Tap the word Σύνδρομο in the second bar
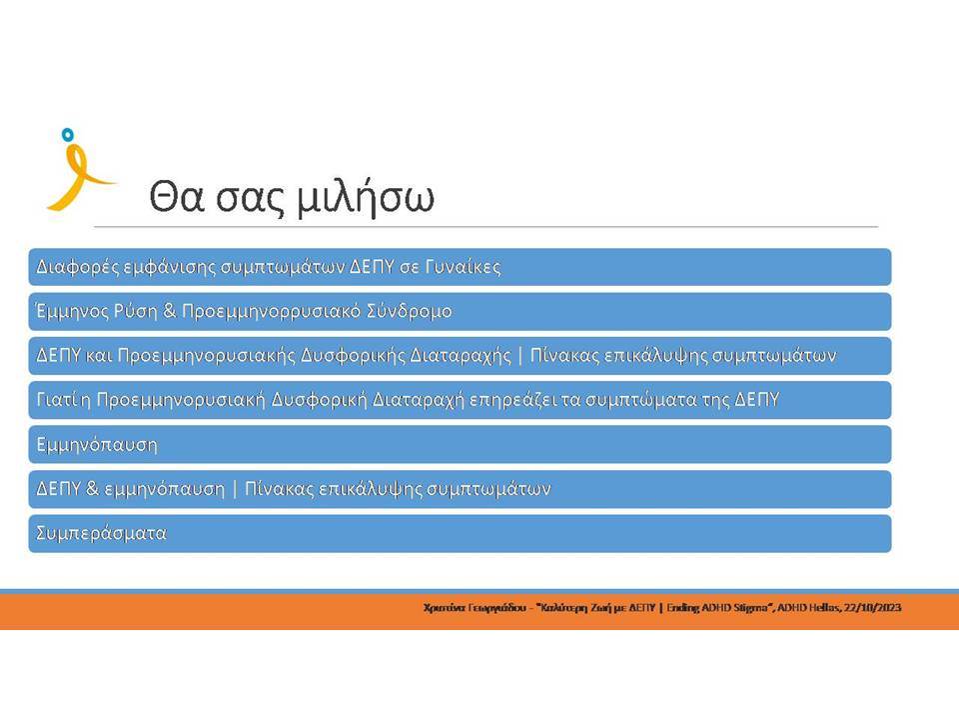click(x=409, y=311)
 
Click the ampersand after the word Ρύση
click(x=170, y=311)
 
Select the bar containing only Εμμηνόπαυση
click(x=460, y=444)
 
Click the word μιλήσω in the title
click(x=366, y=198)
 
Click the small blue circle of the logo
click(x=67, y=134)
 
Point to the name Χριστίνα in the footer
click(x=444, y=608)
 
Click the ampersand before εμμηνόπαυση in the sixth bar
click(x=92, y=489)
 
